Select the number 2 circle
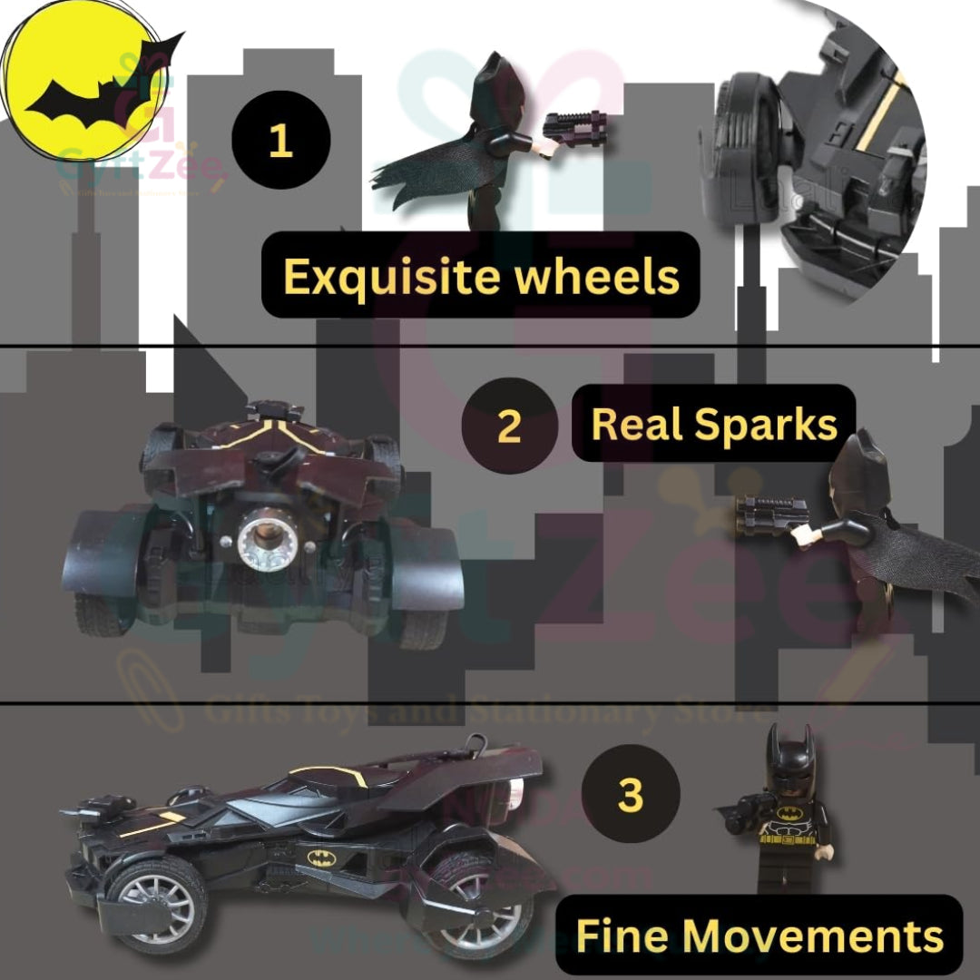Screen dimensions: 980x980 point(510,426)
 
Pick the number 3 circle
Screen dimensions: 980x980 point(630,794)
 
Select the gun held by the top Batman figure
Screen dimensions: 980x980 point(575,128)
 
